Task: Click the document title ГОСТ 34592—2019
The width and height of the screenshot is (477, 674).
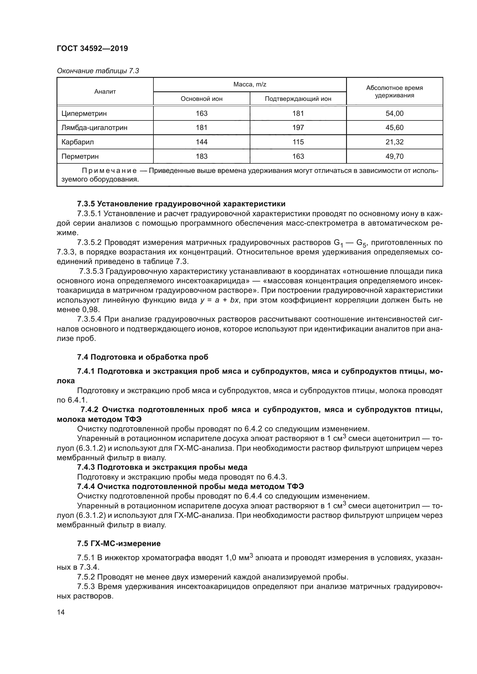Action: coord(92,48)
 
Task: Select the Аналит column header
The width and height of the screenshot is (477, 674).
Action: coord(105,92)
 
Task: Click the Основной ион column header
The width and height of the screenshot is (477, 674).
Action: coord(202,99)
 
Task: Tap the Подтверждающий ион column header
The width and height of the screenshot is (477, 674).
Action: coord(298,99)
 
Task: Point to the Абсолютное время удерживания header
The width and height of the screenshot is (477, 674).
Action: coord(394,92)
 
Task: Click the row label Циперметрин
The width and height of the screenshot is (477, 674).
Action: coord(84,113)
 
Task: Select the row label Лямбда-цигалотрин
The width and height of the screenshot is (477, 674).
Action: coord(94,128)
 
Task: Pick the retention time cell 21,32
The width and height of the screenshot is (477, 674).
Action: coord(394,142)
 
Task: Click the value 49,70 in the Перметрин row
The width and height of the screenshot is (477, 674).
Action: coord(394,156)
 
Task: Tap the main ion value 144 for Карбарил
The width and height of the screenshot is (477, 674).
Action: coord(202,142)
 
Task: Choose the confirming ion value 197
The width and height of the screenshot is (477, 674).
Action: coord(298,128)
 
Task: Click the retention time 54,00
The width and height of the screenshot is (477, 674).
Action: coord(394,113)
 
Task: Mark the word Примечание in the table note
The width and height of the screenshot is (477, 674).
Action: coord(109,171)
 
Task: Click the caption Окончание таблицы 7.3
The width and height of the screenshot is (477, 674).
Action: coord(98,71)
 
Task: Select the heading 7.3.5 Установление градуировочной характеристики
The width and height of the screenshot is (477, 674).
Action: coord(181,204)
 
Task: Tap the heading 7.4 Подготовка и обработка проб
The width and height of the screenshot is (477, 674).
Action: coord(142,357)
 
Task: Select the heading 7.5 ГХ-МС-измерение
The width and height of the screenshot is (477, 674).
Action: coord(119,544)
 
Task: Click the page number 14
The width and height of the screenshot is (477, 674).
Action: coord(61,612)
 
